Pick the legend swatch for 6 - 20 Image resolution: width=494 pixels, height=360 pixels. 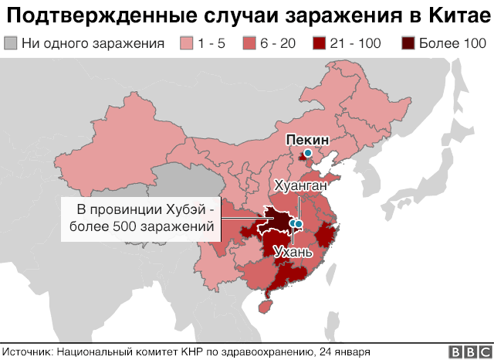(249, 42)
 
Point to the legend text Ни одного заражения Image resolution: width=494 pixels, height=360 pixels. (93, 43)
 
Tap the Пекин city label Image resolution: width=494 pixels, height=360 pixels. (307, 140)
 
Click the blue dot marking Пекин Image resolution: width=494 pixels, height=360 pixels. (308, 154)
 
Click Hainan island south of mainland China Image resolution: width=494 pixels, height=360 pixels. (265, 304)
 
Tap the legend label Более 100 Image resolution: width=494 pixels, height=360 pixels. (451, 43)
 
